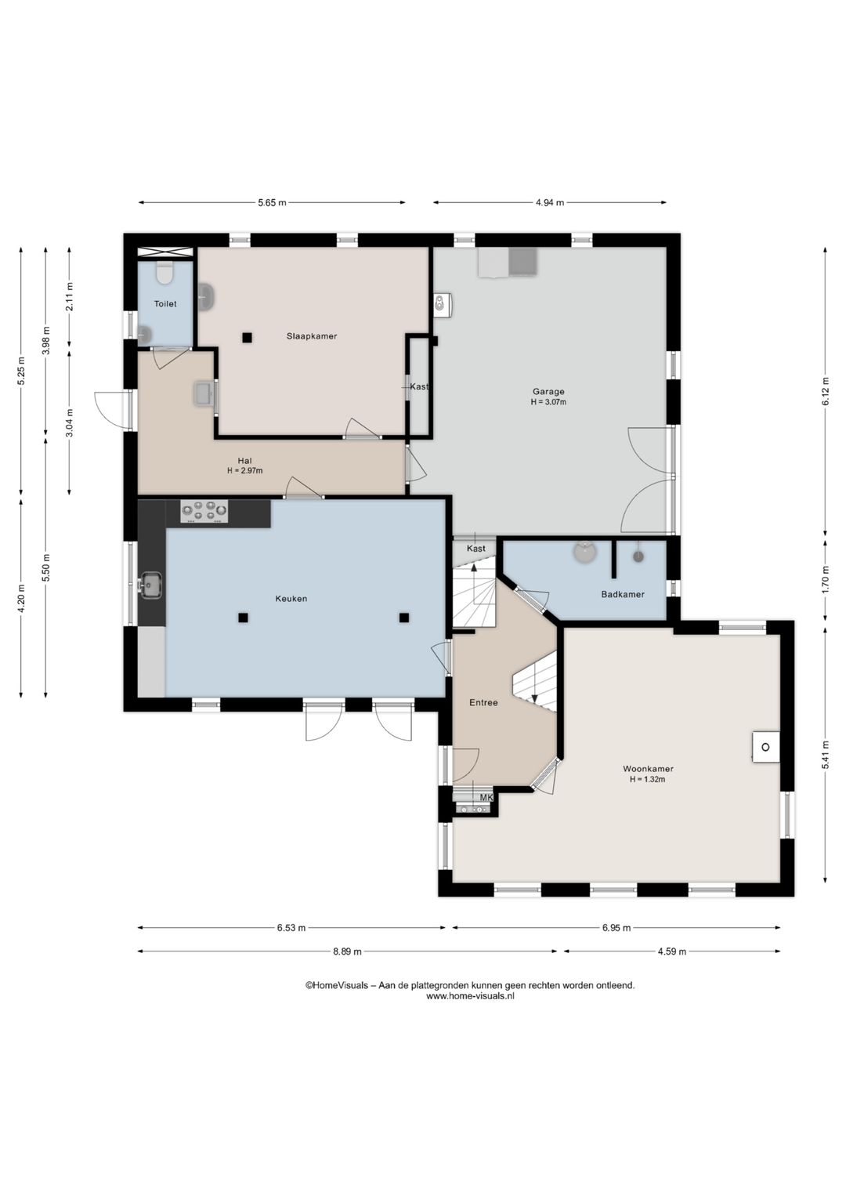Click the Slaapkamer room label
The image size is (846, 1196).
tap(312, 336)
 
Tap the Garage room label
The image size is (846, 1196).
tap(548, 391)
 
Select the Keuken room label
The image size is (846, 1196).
tap(291, 599)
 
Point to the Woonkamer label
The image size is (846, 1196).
tap(648, 769)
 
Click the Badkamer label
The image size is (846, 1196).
tap(623, 594)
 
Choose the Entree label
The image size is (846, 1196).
tap(483, 703)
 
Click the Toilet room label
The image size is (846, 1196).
tap(165, 304)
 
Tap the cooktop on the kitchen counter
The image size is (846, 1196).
tap(204, 511)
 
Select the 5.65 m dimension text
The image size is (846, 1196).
tap(273, 203)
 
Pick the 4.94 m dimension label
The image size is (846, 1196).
tap(550, 203)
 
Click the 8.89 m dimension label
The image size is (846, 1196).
tap(348, 951)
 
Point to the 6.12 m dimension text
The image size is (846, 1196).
tap(826, 391)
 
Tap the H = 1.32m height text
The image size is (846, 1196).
tap(647, 779)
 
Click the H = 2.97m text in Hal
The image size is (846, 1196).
tap(245, 471)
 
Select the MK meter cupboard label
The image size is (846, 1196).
tap(486, 798)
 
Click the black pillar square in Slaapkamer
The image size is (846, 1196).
tap(247, 337)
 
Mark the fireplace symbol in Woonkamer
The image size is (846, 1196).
tap(766, 747)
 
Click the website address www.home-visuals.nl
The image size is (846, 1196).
tap(470, 996)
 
